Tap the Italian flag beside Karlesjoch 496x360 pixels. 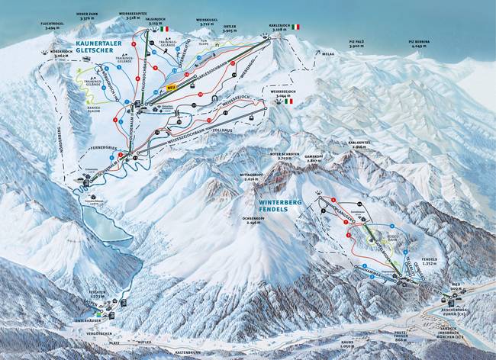tap(295, 27)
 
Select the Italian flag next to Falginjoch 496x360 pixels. tap(165, 29)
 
